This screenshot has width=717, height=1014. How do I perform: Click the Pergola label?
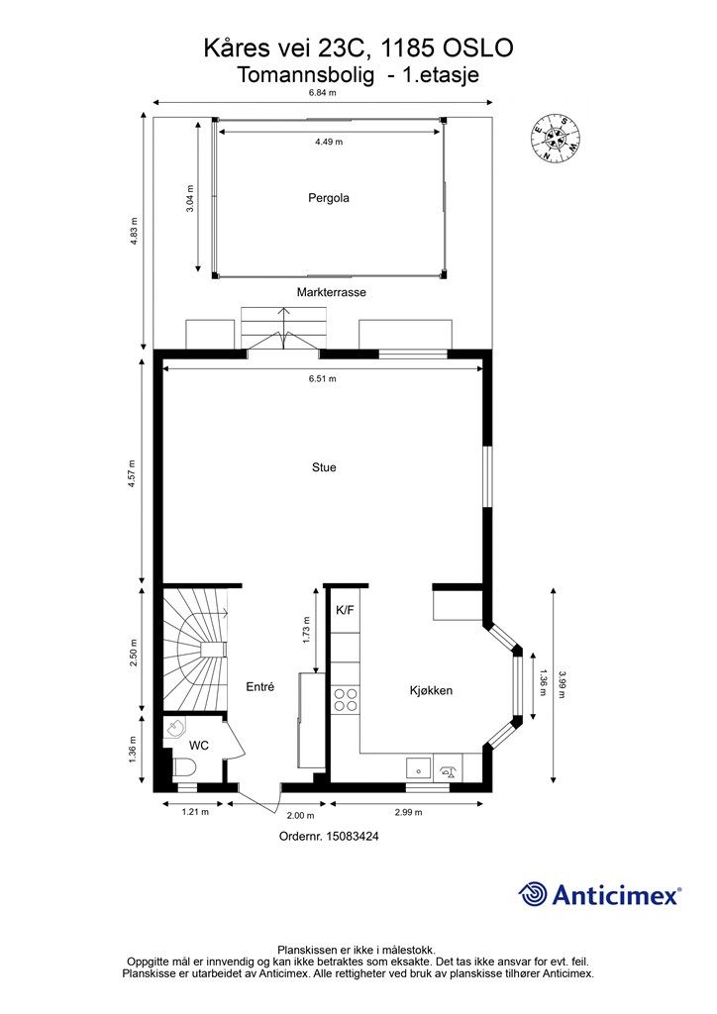click(x=329, y=198)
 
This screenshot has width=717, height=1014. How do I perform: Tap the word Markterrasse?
click(x=332, y=292)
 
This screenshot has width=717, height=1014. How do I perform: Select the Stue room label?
click(x=324, y=467)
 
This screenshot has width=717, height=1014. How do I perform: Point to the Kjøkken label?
click(x=431, y=690)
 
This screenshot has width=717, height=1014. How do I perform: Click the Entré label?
click(x=260, y=687)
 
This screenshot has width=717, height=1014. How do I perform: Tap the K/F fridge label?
click(x=345, y=610)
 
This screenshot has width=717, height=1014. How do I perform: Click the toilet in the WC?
click(x=185, y=767)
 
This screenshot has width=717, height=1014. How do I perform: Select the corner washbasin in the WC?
click(x=174, y=729)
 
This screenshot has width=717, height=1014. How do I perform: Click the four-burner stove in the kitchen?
click(x=346, y=700)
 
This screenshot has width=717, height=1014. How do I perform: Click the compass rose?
click(x=555, y=137)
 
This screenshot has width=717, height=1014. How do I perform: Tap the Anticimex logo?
click(x=599, y=895)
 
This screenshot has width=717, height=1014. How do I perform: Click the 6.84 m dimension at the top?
click(x=323, y=92)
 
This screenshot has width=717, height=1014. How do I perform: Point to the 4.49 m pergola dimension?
click(x=329, y=142)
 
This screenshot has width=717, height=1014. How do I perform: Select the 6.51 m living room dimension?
click(x=323, y=378)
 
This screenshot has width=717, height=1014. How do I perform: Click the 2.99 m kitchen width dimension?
click(x=408, y=812)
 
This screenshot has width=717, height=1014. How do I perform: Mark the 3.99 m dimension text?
click(x=562, y=685)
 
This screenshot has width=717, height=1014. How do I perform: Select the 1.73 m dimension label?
click(x=306, y=630)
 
